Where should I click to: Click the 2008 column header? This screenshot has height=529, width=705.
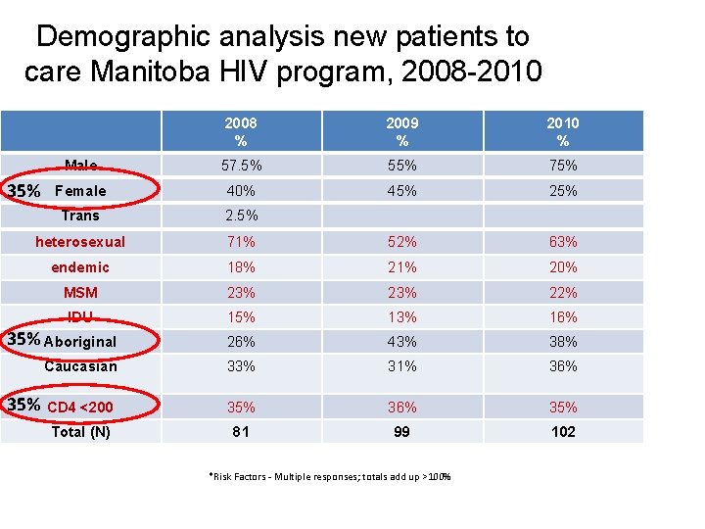241,131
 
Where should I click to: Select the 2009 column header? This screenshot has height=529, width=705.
401,131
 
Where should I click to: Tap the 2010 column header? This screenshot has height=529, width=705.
563,131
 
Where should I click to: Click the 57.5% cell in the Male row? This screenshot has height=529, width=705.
241,166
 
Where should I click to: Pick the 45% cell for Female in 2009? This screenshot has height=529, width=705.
401,191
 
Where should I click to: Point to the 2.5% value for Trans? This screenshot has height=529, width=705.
241,216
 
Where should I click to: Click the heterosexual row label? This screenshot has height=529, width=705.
80,242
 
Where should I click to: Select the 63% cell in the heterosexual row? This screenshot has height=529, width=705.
563,242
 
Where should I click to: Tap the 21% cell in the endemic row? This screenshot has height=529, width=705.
401,267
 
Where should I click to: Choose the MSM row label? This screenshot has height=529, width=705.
80,293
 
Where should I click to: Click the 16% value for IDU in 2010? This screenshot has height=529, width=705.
563,317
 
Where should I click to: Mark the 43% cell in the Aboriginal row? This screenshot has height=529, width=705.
401,342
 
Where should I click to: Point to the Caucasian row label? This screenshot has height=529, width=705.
80,366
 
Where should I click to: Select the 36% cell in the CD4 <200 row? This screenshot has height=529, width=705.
401,408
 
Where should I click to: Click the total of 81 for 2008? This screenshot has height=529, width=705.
241,432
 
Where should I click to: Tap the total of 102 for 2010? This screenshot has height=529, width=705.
563,432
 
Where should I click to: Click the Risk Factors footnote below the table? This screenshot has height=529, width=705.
330,477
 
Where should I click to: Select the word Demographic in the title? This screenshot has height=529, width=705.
123,37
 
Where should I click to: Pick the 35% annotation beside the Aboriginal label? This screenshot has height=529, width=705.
23,340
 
